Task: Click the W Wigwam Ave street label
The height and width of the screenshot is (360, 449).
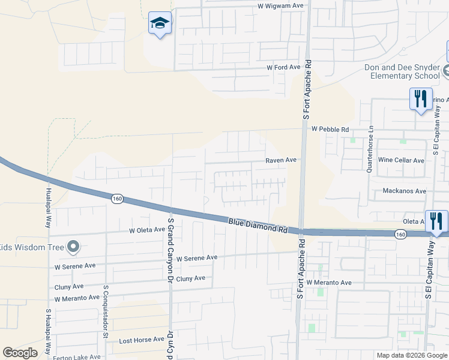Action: coord(277,5)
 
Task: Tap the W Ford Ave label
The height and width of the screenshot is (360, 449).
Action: coord(283,67)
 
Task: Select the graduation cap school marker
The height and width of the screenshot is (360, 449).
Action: coord(160,24)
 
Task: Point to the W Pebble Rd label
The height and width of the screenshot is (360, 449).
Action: coord(330,129)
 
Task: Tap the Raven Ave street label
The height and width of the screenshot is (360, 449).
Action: coord(282,160)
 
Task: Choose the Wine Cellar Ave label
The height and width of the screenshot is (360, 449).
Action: coord(402,160)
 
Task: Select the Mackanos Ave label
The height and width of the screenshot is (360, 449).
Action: coord(404,191)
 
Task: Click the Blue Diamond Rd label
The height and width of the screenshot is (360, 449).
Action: coord(258,226)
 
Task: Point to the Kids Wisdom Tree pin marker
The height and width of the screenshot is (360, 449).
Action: coord(73,246)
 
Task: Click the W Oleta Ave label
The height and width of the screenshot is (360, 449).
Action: coord(147,230)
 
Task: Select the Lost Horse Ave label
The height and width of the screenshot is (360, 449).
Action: coord(142,339)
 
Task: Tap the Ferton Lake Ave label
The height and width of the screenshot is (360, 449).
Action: coord(78,356)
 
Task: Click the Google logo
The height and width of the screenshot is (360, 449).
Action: coord(20,353)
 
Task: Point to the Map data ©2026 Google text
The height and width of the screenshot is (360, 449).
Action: coord(411,355)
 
